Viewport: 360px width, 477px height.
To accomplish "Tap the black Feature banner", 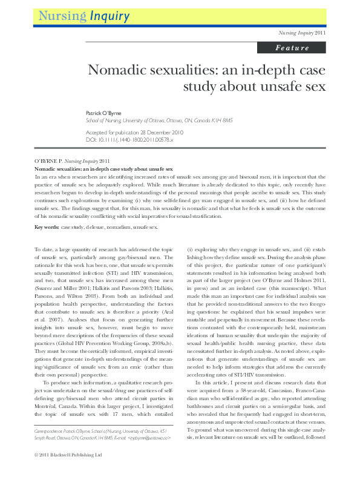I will pyautogui.click(x=292, y=48).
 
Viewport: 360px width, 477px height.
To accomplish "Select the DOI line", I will pyautogui.click(x=147, y=139).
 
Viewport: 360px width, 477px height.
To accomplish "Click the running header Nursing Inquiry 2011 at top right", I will pyautogui.click(x=301, y=33).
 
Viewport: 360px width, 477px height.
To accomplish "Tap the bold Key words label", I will pyautogui.click(x=46, y=227).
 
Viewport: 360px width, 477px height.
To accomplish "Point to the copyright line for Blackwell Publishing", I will pyautogui.click(x=68, y=471).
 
